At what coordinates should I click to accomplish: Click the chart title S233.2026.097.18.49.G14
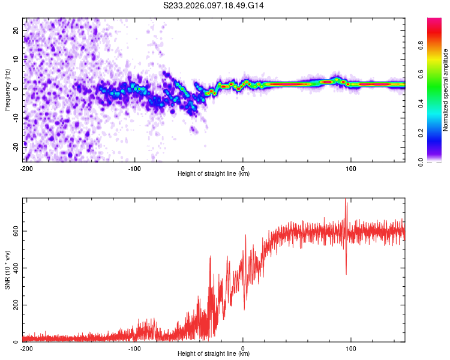[x=214, y=5]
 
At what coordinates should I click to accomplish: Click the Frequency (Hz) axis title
[x=8, y=89]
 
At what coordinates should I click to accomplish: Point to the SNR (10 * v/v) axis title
[x=8, y=269]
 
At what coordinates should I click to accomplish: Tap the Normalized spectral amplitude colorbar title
[x=446, y=89]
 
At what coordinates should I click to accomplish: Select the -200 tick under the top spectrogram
[x=26, y=168]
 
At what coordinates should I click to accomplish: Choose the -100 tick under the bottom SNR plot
[x=134, y=348]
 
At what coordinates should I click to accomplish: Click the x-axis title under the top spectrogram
[x=214, y=174]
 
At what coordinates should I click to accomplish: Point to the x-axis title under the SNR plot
[x=214, y=354]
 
